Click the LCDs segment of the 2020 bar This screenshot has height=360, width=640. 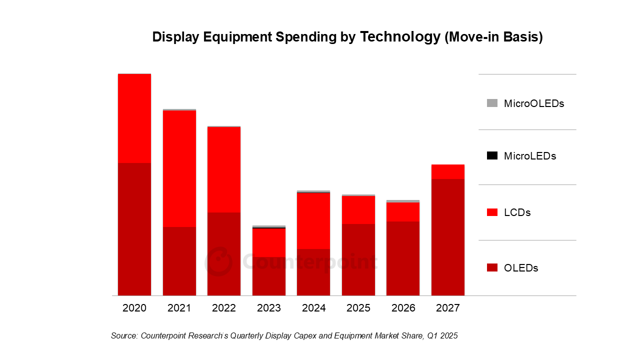coord(134,118)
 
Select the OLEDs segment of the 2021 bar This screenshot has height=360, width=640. coord(179,261)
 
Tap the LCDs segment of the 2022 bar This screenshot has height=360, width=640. coord(224,169)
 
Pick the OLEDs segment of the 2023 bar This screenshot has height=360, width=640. coord(269,276)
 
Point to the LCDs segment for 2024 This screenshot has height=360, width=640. coord(313,220)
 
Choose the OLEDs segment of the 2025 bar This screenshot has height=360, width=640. coord(358,259)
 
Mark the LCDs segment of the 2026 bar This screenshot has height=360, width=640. coord(403,212)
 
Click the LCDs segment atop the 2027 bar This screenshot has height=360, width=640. coord(448,171)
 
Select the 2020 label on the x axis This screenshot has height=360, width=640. coord(134,308)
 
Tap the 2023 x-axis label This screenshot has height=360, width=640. coord(269,308)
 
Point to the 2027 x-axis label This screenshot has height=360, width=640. coord(448,308)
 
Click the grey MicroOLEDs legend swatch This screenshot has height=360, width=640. coord(492,103)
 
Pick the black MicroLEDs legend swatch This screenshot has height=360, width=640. coord(492,155)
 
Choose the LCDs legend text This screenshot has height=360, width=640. coord(517,212)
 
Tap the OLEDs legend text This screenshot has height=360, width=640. coord(521,268)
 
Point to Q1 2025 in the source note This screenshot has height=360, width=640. coord(442,336)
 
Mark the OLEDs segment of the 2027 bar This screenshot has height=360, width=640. coord(448,237)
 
